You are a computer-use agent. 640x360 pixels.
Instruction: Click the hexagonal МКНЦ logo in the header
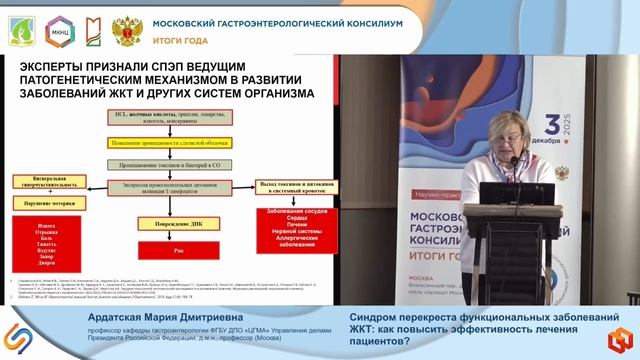pos(61,26)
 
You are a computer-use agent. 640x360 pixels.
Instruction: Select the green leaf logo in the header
pos(23,26)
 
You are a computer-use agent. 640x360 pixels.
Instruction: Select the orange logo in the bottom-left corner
pos(18,338)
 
